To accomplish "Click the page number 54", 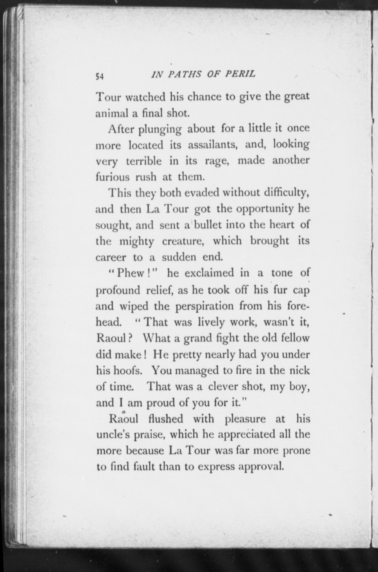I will coord(100,76).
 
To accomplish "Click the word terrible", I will coord(144,161).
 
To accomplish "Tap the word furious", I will coord(113,177).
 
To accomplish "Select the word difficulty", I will coord(287,193).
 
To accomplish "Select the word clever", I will coord(224,386).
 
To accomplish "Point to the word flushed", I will coord(166,419).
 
